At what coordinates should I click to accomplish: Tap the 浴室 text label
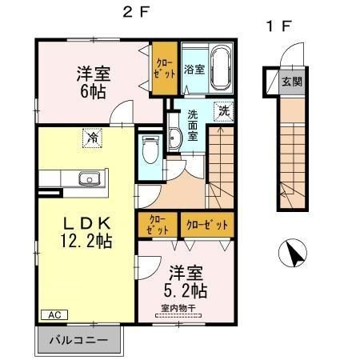tap(194, 69)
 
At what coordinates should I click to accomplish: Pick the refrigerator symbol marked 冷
tap(94, 138)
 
